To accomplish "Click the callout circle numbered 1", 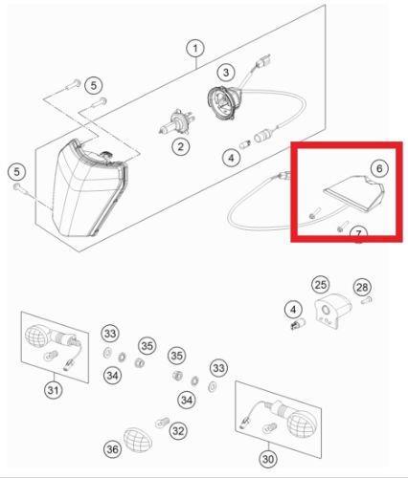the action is [x=195, y=49].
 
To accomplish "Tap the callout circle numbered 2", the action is [x=181, y=147].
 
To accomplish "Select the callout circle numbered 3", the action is [x=226, y=73].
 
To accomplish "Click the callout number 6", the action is [x=379, y=168].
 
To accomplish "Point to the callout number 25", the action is [x=321, y=285].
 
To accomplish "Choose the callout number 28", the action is [x=362, y=288].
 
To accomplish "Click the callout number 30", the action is [x=268, y=459].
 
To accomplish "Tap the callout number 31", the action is [x=54, y=390].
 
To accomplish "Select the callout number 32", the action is [x=178, y=431].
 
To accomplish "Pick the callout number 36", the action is [x=112, y=449].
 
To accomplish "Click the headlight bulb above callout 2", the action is [x=176, y=122].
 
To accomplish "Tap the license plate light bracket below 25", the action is [x=332, y=311].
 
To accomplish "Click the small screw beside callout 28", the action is [x=367, y=300].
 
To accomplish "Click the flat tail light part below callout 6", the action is [x=354, y=193].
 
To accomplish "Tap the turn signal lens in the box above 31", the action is [x=35, y=336].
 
